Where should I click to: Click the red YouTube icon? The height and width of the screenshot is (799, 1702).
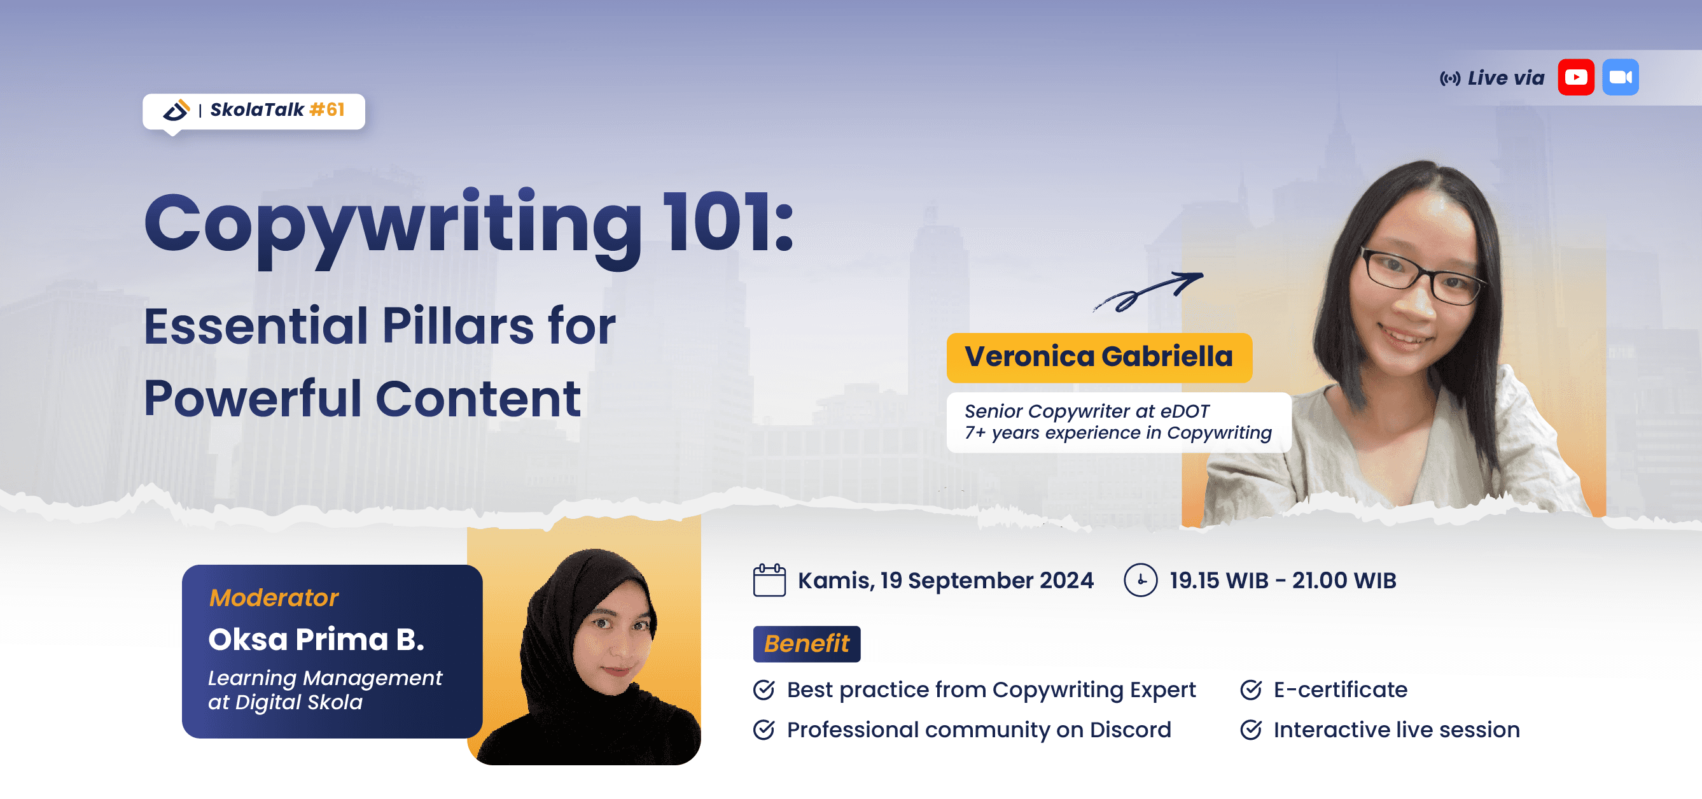click(x=1576, y=77)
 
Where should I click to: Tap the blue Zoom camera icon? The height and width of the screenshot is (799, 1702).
click(x=1620, y=77)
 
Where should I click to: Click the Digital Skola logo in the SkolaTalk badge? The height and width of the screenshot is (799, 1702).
click(x=176, y=110)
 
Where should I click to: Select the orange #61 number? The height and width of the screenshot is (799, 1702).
click(x=327, y=110)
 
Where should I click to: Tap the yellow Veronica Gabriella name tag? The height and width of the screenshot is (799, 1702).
click(x=1099, y=358)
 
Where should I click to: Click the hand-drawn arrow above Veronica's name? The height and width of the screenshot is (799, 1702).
click(x=1148, y=292)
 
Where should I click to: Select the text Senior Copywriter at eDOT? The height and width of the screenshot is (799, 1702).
click(x=1086, y=411)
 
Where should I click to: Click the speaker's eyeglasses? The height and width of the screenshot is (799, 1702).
click(x=1421, y=277)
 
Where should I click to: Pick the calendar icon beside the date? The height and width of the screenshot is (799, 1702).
click(x=769, y=580)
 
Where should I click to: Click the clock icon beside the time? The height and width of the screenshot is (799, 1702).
click(x=1140, y=580)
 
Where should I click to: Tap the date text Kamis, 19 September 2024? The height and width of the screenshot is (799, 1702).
click(x=945, y=580)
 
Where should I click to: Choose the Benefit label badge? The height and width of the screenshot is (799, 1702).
click(x=806, y=644)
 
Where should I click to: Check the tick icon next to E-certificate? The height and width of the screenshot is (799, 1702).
click(x=1250, y=690)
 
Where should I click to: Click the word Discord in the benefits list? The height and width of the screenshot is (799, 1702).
click(x=1130, y=730)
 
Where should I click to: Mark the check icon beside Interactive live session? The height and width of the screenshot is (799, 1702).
click(x=1250, y=730)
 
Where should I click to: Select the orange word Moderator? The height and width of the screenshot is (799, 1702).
click(x=274, y=598)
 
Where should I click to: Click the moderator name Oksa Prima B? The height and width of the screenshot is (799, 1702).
click(x=316, y=640)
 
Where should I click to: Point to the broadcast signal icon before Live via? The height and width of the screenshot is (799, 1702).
click(x=1449, y=79)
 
